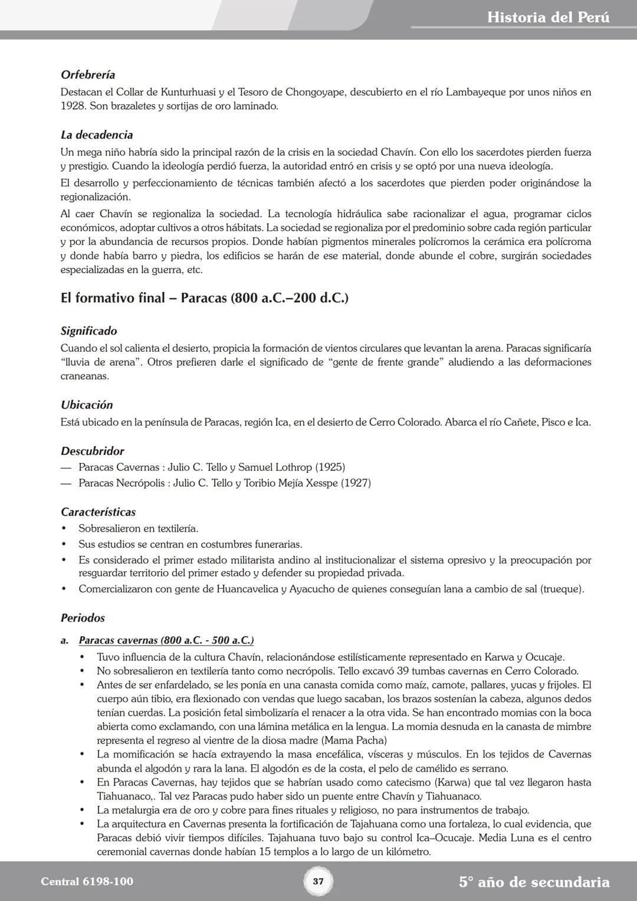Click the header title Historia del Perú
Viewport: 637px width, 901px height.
coord(548,17)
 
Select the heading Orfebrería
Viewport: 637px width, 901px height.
coord(88,75)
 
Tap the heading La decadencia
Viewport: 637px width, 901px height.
coord(97,135)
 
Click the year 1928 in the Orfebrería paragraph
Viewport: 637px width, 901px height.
coord(72,106)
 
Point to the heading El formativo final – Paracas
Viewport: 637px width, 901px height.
coord(204,298)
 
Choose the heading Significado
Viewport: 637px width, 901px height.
coord(89,331)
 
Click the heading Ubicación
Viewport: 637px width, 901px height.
coord(87,405)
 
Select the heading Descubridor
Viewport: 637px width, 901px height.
coord(93,451)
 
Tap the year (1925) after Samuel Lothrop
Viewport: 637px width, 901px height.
coord(330,467)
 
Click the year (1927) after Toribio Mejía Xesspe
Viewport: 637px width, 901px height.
coord(356,483)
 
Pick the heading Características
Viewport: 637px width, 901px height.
coord(98,512)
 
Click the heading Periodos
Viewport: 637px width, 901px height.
coord(83,618)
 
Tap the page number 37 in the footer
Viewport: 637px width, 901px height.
coord(318,882)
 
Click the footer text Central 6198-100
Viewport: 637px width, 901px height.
coord(87,882)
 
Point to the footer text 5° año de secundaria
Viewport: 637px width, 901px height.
coord(534,882)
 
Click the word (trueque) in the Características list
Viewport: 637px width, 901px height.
coord(562,589)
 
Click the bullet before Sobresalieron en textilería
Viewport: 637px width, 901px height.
coord(64,529)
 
